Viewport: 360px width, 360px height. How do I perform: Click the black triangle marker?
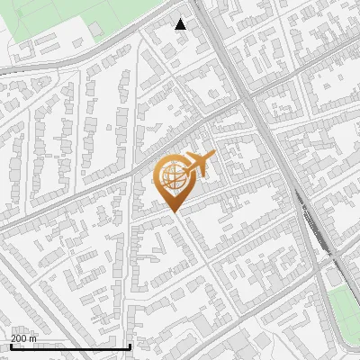pos(181,24)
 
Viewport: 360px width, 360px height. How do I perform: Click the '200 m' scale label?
pos(25,338)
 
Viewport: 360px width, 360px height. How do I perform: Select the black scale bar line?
pos(70,346)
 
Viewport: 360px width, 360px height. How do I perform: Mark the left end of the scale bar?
pos(11,346)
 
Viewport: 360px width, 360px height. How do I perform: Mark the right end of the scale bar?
pos(130,346)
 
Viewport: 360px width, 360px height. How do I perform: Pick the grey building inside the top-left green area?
pos(96,30)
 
